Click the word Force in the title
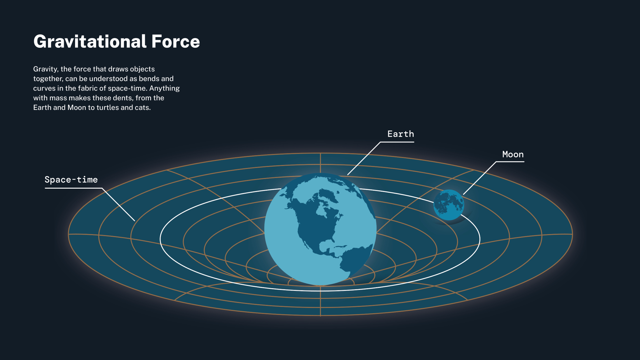point(176,42)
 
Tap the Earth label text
point(400,134)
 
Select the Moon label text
point(513,155)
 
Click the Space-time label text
point(71,180)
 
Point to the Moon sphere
point(448,205)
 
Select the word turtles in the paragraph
point(108,108)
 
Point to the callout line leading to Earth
point(364,158)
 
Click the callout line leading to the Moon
point(479,178)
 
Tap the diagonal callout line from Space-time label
point(119,204)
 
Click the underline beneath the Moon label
point(510,162)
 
